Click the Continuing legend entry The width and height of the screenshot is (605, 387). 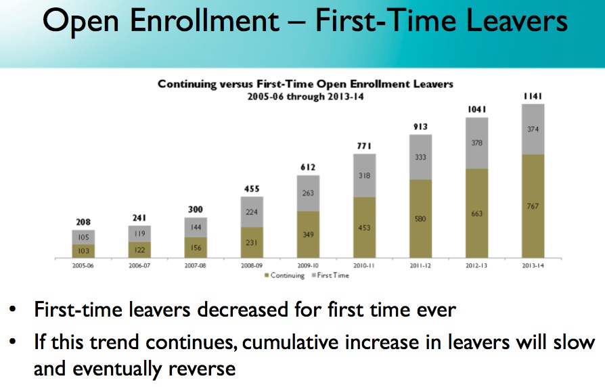(287, 275)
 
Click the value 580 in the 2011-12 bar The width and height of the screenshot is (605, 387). (421, 219)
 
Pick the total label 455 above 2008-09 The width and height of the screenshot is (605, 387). (252, 189)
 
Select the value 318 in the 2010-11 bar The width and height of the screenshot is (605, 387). (365, 175)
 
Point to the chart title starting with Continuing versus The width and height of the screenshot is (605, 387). (305, 84)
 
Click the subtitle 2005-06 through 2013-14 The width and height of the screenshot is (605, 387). (305, 95)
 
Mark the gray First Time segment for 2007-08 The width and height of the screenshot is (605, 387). (196, 227)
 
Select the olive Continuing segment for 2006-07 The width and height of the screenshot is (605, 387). (139, 250)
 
